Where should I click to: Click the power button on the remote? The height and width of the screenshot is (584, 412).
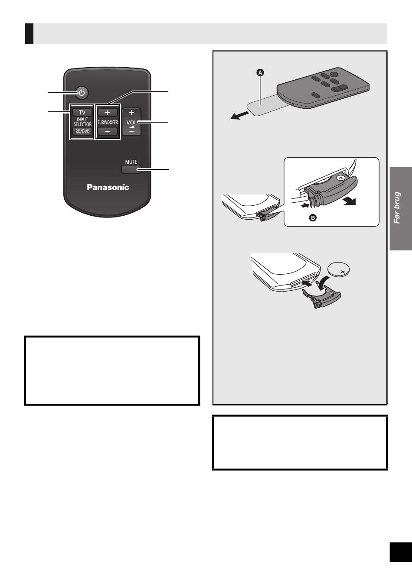[82, 92]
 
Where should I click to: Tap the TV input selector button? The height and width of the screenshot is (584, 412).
[82, 112]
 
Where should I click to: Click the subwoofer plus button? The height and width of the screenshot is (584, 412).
[108, 112]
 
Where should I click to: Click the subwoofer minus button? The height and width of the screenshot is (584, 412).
[108, 131]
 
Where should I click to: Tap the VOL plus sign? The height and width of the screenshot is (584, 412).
[131, 113]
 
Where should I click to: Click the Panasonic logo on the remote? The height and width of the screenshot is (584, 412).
[108, 187]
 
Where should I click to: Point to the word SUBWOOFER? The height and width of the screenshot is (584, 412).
[108, 122]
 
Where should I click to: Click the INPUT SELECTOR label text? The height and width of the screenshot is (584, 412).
[82, 122]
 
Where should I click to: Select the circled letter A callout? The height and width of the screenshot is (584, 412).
[260, 73]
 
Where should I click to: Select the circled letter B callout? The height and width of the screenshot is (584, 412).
[313, 218]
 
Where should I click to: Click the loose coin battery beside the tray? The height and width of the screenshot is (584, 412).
[342, 271]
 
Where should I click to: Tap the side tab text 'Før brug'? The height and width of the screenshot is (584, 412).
[397, 208]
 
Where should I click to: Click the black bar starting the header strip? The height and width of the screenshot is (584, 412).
[29, 34]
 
